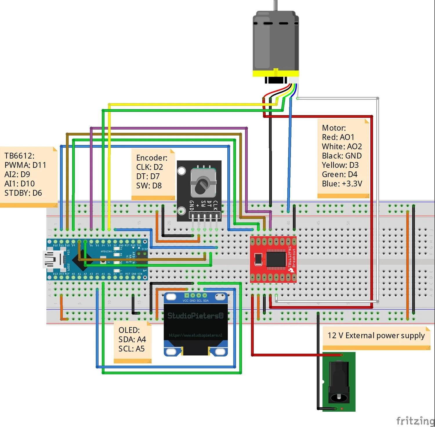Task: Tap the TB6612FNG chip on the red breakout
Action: click(x=276, y=259)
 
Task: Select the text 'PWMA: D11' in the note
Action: click(x=25, y=165)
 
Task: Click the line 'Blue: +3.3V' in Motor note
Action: click(x=342, y=184)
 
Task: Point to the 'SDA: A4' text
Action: click(x=132, y=339)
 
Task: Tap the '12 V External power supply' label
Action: click(x=376, y=336)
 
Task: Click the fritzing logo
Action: click(x=415, y=420)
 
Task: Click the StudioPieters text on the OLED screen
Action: click(x=195, y=316)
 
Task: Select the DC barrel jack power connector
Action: click(x=339, y=382)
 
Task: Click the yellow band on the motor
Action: click(x=275, y=73)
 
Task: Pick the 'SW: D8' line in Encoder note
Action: click(x=149, y=186)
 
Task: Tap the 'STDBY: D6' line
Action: click(x=23, y=193)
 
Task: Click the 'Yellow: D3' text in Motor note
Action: click(x=340, y=165)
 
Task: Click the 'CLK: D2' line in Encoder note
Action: click(x=149, y=167)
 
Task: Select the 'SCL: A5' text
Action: click(x=131, y=349)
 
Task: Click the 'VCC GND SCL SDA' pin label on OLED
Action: click(x=195, y=301)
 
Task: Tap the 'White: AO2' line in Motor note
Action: click(x=342, y=147)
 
